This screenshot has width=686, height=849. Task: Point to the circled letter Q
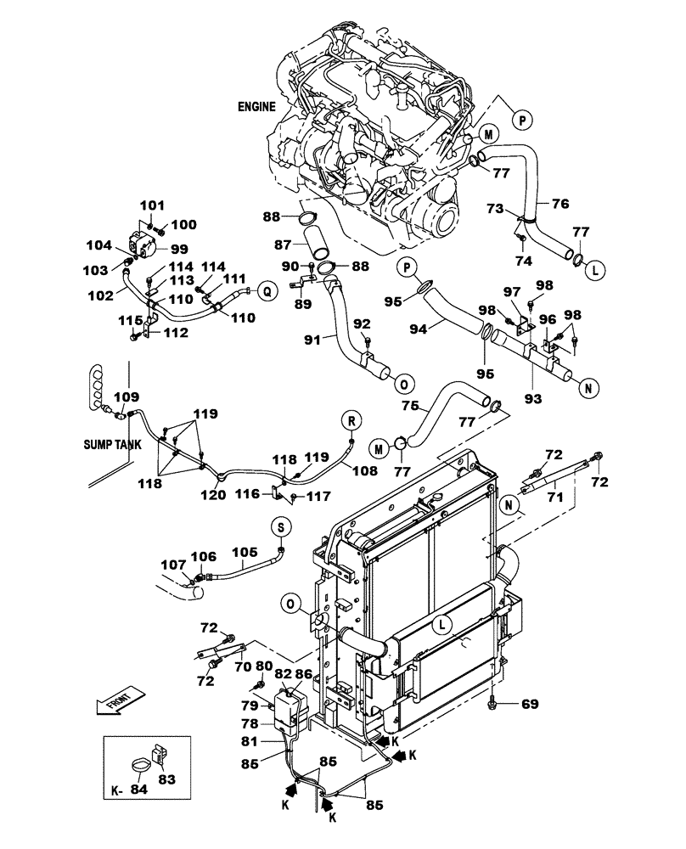point(267,290)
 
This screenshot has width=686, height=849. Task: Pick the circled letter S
point(280,527)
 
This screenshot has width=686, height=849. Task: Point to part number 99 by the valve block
point(179,249)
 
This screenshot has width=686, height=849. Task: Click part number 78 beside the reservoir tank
point(250,723)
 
